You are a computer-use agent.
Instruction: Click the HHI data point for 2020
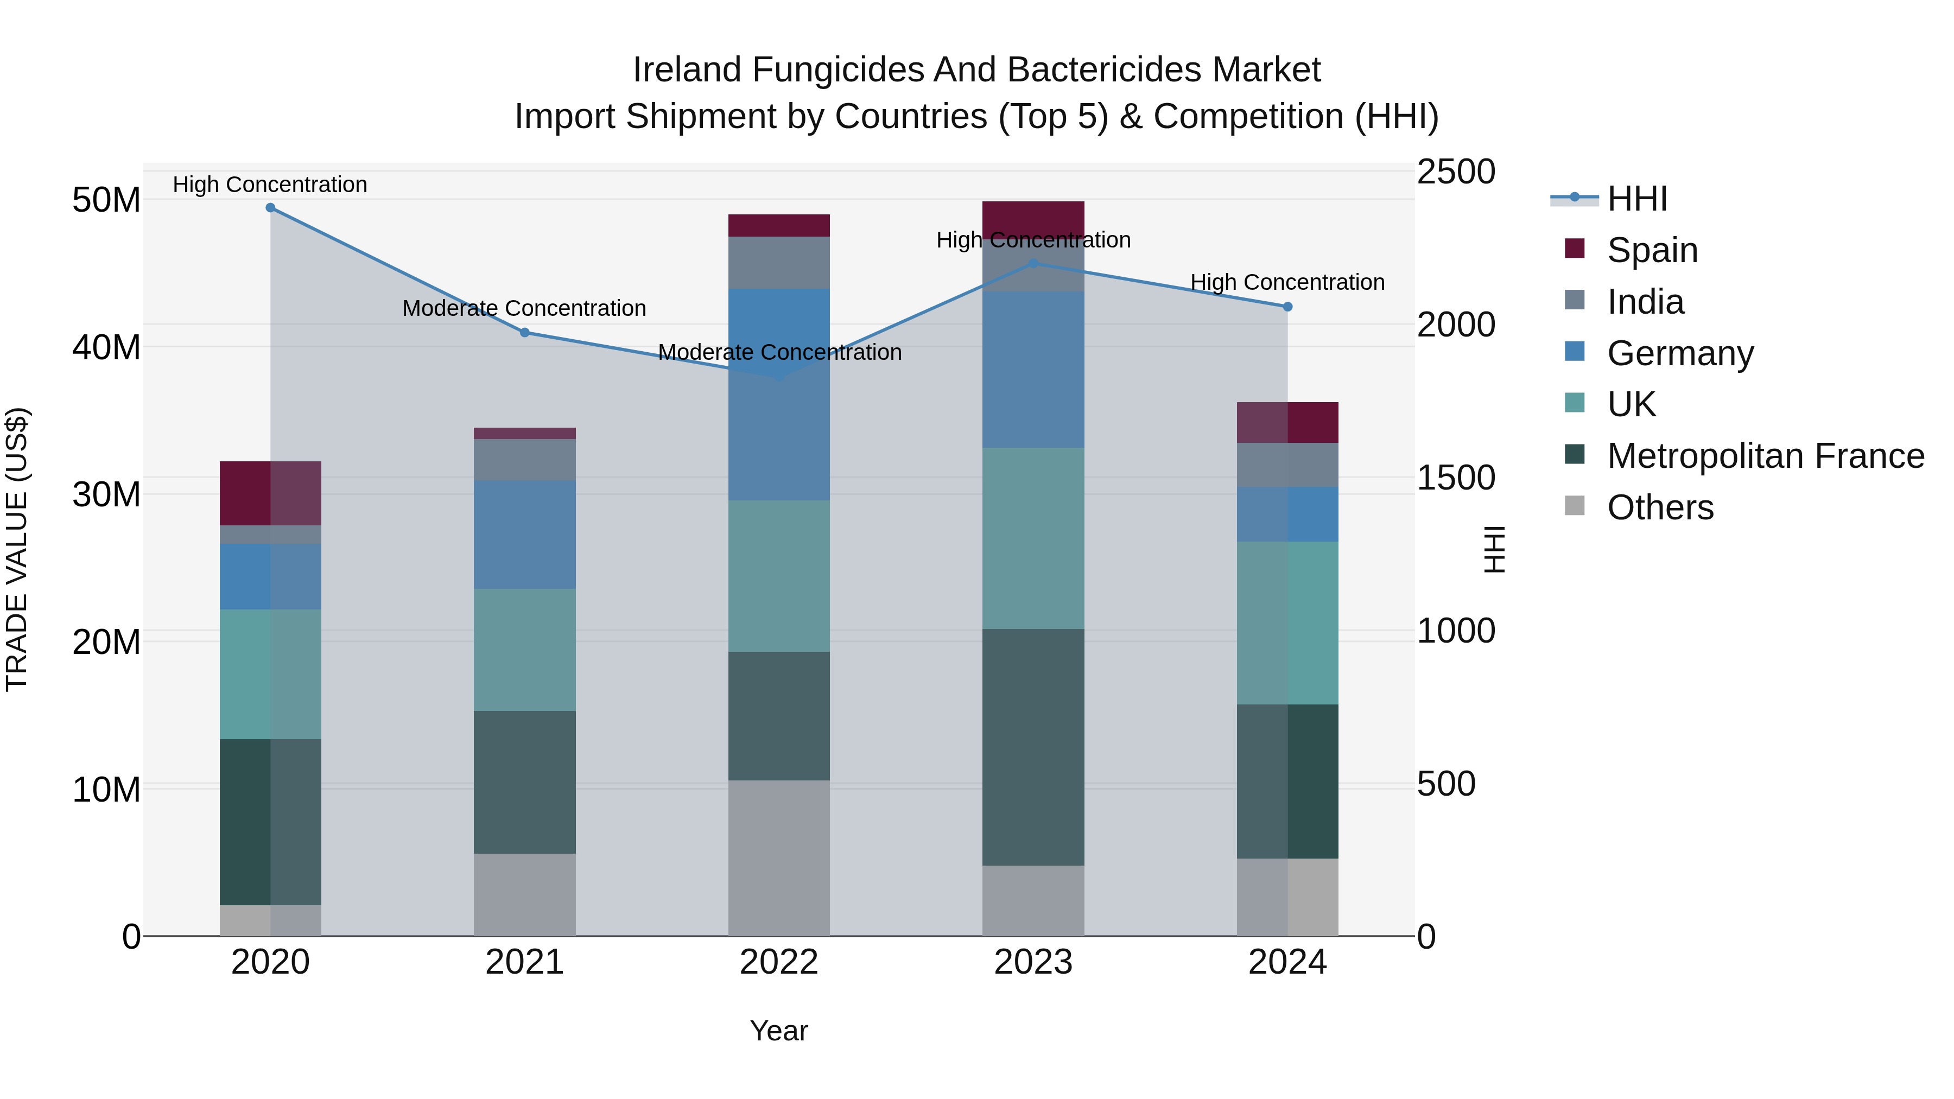[x=270, y=208]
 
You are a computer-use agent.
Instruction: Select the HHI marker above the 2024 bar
[x=1287, y=307]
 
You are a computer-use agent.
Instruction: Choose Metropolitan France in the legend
[x=1765, y=456]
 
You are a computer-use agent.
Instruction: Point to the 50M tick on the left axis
[x=106, y=200]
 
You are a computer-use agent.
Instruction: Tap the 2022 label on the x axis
[x=778, y=962]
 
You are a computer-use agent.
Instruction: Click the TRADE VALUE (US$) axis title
[x=17, y=549]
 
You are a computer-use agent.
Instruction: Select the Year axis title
[x=778, y=1031]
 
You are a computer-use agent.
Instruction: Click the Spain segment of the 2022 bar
[x=778, y=226]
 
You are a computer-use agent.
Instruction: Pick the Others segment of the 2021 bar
[x=524, y=894]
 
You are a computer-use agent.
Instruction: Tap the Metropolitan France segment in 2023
[x=1032, y=747]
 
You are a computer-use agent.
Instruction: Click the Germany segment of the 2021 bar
[x=524, y=535]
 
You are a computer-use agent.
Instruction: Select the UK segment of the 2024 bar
[x=1287, y=622]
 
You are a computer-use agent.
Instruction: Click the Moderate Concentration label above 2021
[x=524, y=309]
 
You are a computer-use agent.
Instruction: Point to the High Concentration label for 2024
[x=1287, y=282]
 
